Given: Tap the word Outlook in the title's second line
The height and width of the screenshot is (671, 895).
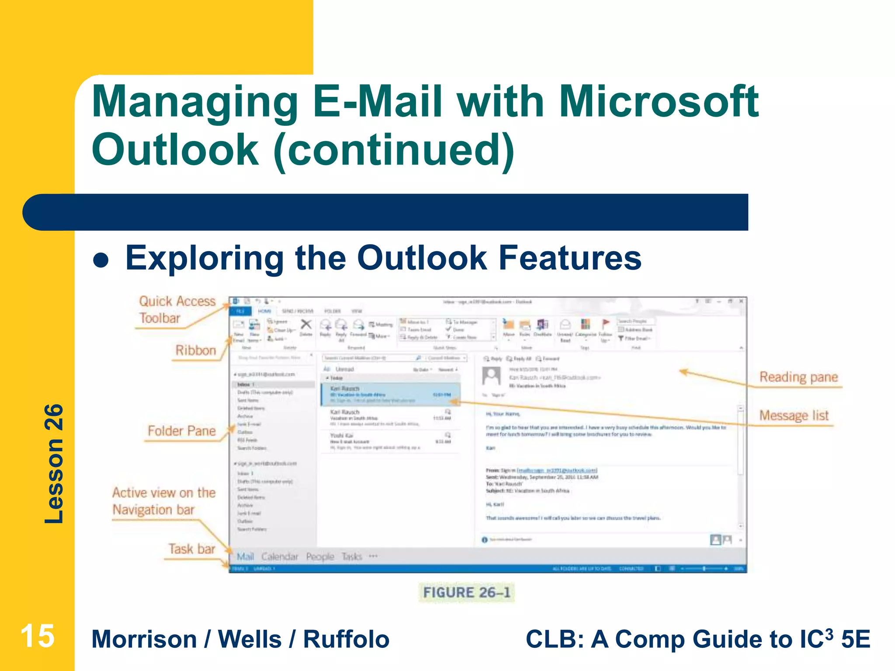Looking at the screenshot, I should coord(175,150).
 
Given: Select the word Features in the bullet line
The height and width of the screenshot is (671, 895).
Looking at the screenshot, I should coord(570,258).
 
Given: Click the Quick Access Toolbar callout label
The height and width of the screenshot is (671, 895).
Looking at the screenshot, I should coord(177,309).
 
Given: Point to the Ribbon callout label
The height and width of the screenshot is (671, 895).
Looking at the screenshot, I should coord(195,350).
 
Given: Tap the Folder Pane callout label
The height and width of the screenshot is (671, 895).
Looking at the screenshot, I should coord(181,431).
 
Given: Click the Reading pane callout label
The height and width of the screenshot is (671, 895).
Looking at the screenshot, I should coord(798,377).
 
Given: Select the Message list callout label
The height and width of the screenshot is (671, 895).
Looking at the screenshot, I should coord(793,415).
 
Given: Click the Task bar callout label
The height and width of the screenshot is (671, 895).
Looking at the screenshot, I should coord(191,549).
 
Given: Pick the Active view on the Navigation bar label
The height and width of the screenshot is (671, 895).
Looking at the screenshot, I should coord(163,501).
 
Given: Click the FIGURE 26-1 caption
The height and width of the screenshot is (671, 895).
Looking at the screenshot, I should coord(466,592).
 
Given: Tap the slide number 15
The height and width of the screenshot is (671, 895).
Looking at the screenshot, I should coord(37,636).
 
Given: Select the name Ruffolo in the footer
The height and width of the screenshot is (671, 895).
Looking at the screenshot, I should coord(346,639).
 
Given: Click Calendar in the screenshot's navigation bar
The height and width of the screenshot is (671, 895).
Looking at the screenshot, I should coord(279,557).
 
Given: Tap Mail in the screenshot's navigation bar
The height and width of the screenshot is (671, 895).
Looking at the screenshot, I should coord(245,557).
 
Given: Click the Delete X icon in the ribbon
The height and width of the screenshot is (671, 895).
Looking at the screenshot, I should coord(306,325).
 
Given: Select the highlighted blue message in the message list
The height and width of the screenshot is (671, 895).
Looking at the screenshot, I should coord(390,394).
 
